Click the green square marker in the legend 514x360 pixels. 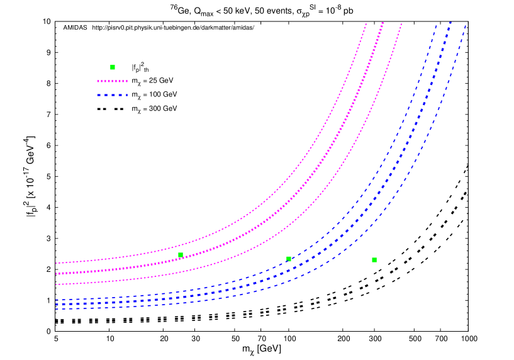[113, 67]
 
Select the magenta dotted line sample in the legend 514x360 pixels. [112, 81]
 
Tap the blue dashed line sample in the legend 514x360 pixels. [112, 95]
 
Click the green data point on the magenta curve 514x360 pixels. [181, 255]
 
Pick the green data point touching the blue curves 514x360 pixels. [289, 259]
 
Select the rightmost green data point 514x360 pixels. [374, 260]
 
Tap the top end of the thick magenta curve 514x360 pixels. [383, 25]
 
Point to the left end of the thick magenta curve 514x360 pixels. [56, 274]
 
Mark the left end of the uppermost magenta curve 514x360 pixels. [56, 263]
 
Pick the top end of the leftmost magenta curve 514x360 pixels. [366, 25]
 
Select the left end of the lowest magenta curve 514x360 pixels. [56, 284]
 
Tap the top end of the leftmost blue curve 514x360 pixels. [436, 25]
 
